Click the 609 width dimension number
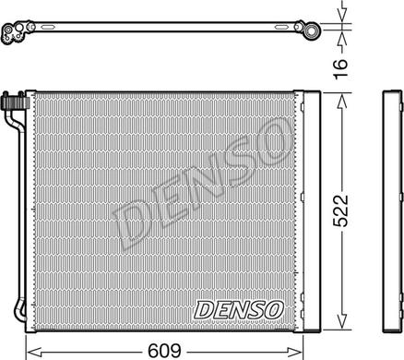tap(164, 351)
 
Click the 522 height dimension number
tap(341, 210)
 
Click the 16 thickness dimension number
tap(340, 68)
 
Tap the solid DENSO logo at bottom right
tap(238, 309)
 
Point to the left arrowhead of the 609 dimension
tap(34, 351)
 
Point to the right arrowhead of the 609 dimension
tap(295, 351)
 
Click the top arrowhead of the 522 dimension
tap(341, 102)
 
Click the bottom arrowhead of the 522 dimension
tap(341, 321)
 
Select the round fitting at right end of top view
tap(311, 31)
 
